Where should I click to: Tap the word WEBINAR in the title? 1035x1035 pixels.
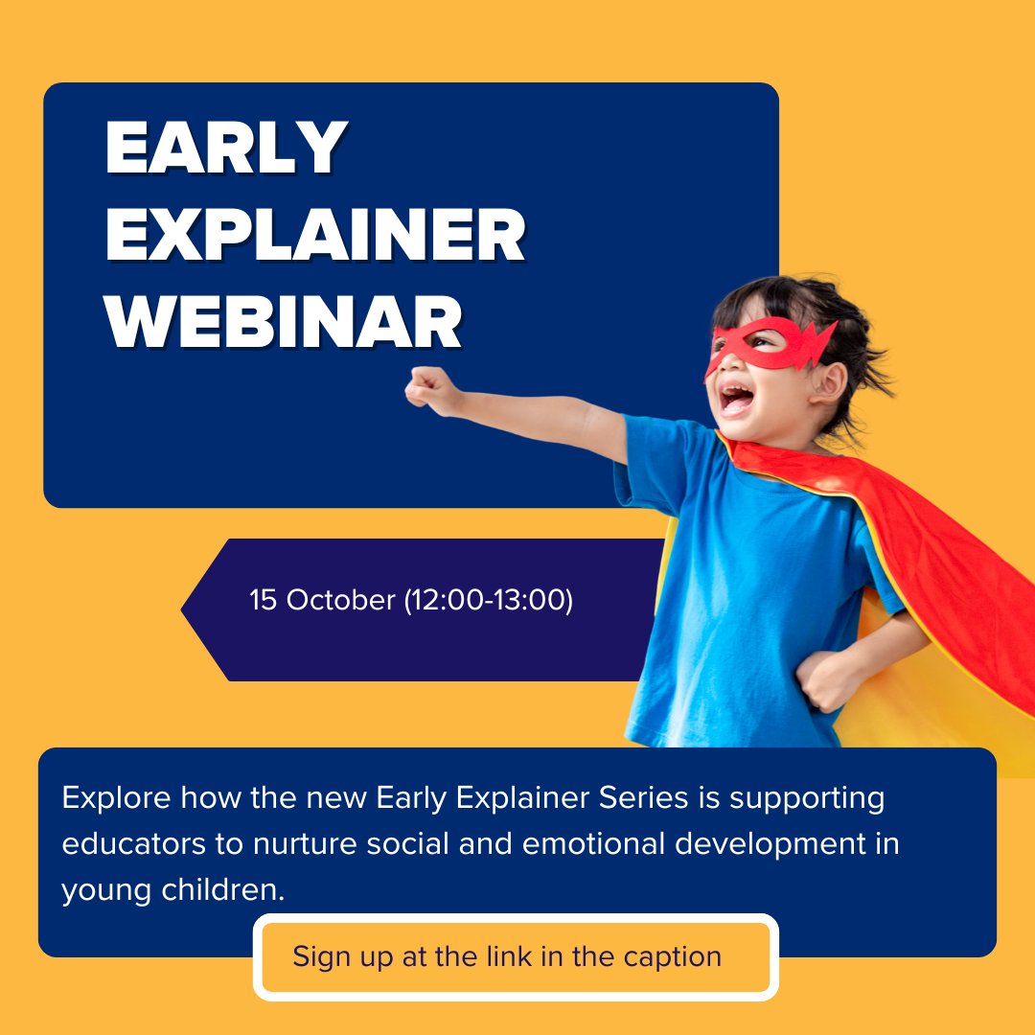pyautogui.click(x=285, y=323)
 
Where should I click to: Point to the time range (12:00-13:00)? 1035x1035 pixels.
pyautogui.click(x=488, y=601)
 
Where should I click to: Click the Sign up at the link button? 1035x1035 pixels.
pyautogui.click(x=516, y=956)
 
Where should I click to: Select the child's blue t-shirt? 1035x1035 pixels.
pyautogui.click(x=757, y=575)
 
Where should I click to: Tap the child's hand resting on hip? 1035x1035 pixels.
pyautogui.click(x=826, y=678)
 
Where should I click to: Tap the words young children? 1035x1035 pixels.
pyautogui.click(x=172, y=891)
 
